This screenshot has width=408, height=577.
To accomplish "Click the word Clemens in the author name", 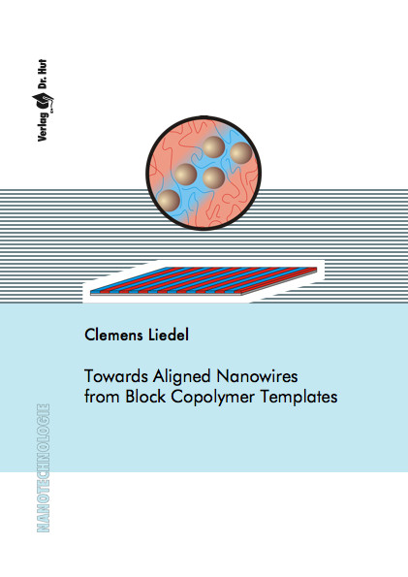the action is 113,335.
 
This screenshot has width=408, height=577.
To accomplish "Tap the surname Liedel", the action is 169,335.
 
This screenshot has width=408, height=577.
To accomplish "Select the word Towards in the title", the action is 116,376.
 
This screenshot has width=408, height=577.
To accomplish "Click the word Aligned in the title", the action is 182,377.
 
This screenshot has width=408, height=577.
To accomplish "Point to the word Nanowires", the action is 257,376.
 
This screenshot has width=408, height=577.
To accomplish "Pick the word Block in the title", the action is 145,397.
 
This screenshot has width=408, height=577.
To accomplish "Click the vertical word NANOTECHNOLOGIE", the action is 44,468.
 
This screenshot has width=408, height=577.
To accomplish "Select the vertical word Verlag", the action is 43,126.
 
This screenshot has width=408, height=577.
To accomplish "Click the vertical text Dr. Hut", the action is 43,74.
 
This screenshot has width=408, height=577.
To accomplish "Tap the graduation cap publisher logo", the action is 43,101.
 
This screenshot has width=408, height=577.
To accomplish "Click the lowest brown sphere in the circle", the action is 168,201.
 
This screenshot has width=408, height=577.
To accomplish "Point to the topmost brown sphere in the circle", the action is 213,147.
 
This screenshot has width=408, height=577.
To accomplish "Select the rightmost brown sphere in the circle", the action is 240,153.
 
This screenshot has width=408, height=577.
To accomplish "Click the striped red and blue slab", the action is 204,280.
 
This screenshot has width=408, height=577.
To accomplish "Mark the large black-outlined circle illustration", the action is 204,173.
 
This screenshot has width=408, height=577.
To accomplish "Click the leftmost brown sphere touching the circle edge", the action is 168,201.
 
